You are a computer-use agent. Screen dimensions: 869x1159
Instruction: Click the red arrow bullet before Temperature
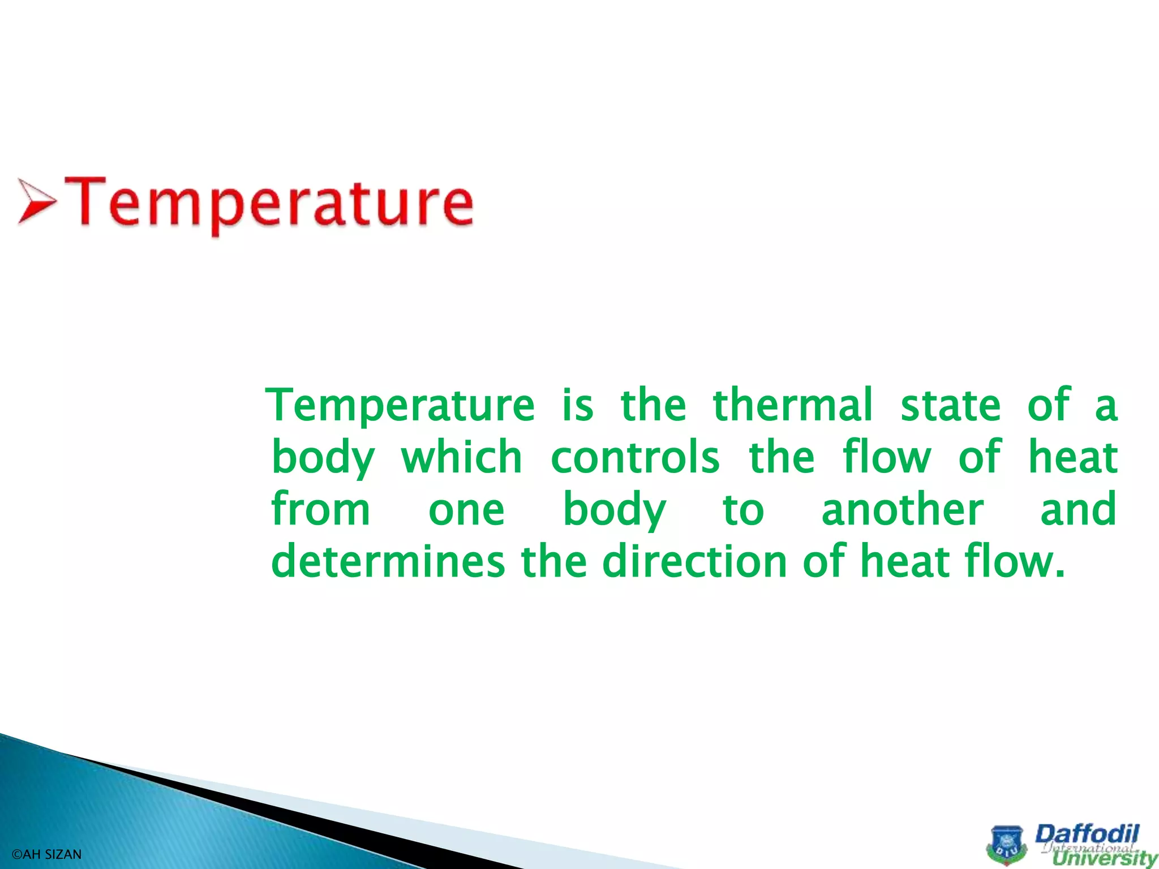(36, 201)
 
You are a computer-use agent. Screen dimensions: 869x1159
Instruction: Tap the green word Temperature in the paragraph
(401, 405)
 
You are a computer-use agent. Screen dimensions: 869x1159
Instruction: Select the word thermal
(792, 405)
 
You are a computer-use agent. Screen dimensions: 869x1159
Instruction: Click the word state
(951, 405)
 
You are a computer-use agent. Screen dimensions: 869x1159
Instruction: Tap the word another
(902, 509)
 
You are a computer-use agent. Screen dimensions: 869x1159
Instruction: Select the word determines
(388, 561)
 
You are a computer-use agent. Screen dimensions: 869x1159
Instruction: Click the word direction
(695, 561)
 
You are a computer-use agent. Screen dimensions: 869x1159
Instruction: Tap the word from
(320, 509)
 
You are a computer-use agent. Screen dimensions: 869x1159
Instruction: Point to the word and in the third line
(1078, 509)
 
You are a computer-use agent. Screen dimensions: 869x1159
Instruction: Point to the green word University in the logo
(1104, 859)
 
